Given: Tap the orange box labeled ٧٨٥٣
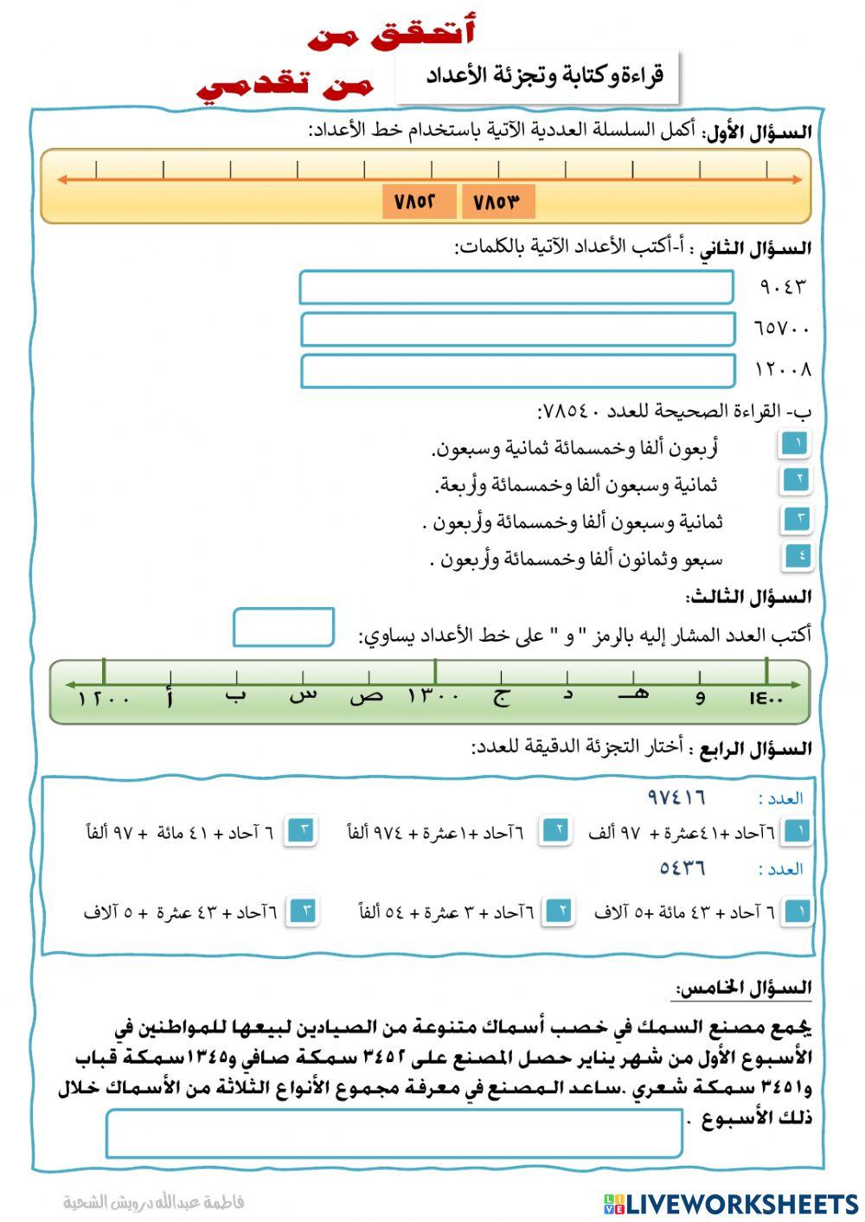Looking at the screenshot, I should click(498, 202).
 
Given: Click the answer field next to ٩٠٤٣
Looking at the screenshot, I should click(516, 287).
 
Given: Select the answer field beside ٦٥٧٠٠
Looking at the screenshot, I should click(517, 329).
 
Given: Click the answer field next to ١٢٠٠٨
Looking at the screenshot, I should click(517, 371).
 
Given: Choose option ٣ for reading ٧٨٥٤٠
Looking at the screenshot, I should click(795, 519).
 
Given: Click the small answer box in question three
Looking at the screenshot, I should click(284, 627).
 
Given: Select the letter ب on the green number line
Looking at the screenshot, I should click(234, 695).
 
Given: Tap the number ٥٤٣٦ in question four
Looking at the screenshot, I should click(682, 867).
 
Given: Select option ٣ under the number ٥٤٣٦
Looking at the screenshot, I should click(304, 911).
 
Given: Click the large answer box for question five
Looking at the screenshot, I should click(394, 1133).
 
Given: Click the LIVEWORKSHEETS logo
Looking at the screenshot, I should click(730, 1203).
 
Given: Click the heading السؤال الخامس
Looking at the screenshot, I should click(743, 988).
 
